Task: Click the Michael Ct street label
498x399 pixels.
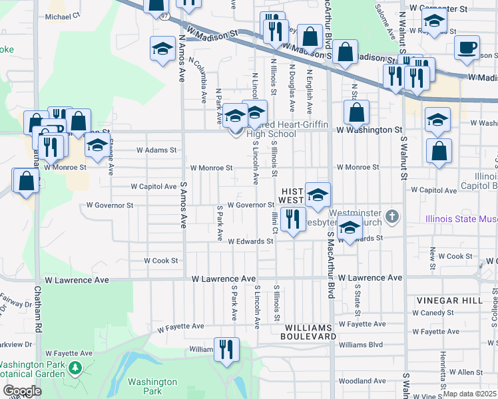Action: (63, 14)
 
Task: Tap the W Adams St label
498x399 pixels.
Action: (156, 150)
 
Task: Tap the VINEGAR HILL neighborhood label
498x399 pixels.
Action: (449, 301)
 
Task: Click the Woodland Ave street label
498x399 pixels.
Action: (362, 381)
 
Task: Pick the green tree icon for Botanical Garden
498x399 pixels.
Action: (76, 367)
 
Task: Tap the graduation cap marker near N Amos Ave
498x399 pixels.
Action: (162, 50)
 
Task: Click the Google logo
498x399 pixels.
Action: (22, 391)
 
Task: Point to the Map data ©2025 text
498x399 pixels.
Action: (470, 394)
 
